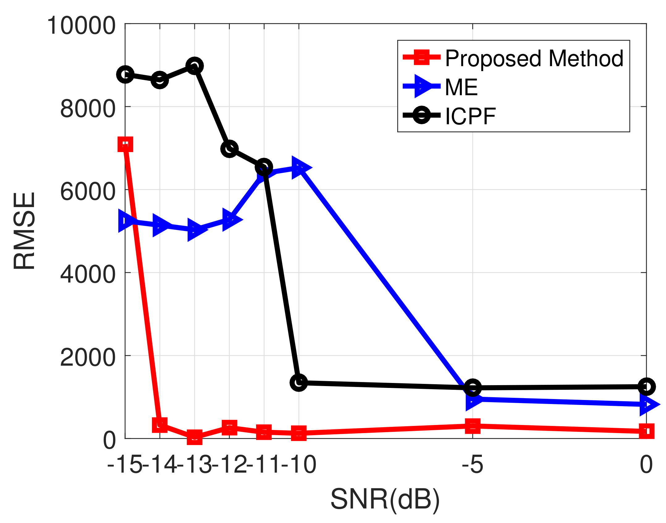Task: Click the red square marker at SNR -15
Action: [x=125, y=144]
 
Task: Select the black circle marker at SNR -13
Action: [x=194, y=66]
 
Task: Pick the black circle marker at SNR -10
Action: [x=299, y=382]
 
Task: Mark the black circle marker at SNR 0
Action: [x=647, y=386]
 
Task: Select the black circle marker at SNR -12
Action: [x=229, y=149]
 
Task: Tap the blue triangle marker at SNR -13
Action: [x=195, y=229]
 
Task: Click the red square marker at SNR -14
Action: [x=160, y=424]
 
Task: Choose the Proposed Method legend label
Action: [x=534, y=58]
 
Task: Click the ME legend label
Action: [x=461, y=87]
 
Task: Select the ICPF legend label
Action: [x=470, y=117]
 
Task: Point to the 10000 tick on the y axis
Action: [x=81, y=25]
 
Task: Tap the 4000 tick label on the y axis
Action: [x=88, y=274]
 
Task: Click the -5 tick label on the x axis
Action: [x=472, y=464]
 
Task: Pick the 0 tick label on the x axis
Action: [x=646, y=464]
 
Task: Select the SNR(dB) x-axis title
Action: [x=385, y=499]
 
